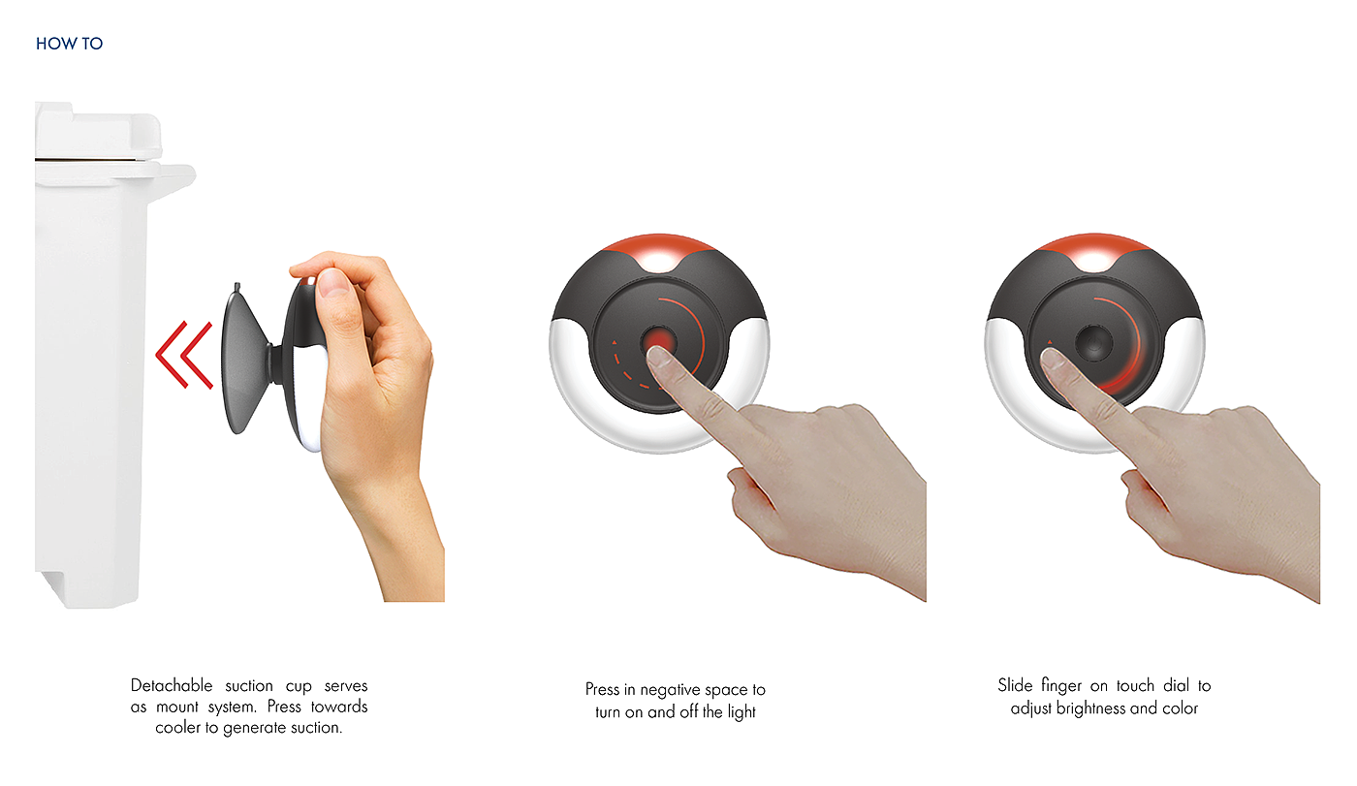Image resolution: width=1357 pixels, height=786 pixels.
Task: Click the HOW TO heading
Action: (69, 44)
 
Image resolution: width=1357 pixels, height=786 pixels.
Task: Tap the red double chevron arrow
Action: (184, 355)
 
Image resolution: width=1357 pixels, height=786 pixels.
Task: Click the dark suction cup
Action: (245, 359)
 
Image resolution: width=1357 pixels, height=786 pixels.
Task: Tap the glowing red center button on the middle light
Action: (657, 341)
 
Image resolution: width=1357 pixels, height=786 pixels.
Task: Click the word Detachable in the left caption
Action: (172, 685)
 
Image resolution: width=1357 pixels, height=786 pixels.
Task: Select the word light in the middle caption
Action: (742, 712)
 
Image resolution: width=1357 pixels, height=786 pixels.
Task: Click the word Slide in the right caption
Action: (1015, 685)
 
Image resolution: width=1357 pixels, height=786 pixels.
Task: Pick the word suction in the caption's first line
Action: (249, 685)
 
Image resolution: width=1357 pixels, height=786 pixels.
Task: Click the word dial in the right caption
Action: (1177, 685)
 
